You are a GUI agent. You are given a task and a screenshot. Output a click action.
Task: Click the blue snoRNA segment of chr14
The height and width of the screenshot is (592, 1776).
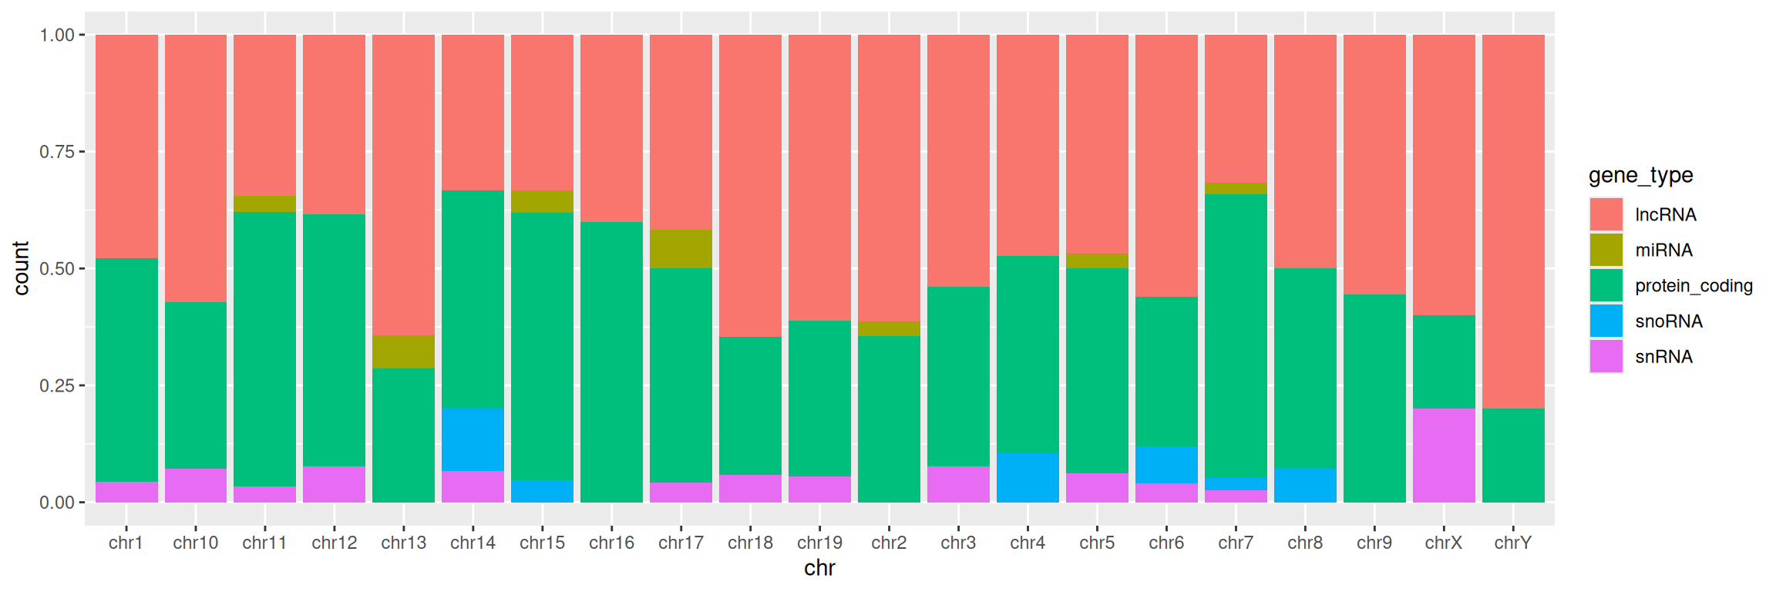point(473,439)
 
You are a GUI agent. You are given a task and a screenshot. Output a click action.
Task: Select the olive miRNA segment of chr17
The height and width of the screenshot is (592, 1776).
point(681,249)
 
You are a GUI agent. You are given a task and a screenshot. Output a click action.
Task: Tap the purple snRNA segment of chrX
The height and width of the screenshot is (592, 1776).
point(1444,456)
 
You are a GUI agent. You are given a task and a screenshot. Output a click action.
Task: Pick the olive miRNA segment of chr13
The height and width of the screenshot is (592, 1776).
point(403,352)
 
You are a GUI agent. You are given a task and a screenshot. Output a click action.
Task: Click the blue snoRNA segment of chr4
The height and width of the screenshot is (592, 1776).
point(1028,478)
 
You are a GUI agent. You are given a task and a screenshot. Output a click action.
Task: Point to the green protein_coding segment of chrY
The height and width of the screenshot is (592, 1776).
point(1513,456)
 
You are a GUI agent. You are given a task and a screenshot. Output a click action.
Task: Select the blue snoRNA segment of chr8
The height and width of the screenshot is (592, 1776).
point(1305,486)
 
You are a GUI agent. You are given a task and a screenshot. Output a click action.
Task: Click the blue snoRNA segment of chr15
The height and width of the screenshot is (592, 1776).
point(542,492)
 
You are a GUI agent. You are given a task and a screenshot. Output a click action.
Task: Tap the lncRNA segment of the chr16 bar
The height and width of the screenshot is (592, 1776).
point(611,128)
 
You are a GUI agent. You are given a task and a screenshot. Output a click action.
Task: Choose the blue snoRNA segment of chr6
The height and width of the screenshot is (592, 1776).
point(1166,465)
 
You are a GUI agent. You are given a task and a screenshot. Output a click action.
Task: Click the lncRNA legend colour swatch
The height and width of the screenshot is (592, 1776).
point(1606,214)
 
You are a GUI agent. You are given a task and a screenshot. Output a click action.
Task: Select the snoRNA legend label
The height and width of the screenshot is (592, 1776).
point(1669,321)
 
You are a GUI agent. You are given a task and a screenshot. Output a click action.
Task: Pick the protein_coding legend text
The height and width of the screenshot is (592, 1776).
point(1694,286)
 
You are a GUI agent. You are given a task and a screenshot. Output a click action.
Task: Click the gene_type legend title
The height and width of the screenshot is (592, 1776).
point(1641,176)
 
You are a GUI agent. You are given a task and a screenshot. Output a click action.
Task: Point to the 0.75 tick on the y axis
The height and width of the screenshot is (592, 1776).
point(81,152)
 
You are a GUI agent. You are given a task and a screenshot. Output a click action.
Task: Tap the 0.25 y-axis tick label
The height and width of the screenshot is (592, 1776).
point(57,385)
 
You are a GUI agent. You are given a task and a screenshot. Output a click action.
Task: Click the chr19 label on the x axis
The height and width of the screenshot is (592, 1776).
point(819,543)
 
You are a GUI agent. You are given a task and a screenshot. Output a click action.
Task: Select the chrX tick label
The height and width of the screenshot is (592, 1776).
point(1444,543)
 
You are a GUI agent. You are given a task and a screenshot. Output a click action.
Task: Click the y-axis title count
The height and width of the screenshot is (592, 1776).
point(21,268)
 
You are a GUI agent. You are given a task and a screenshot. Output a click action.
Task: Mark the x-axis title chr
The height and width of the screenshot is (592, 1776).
point(819,568)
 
